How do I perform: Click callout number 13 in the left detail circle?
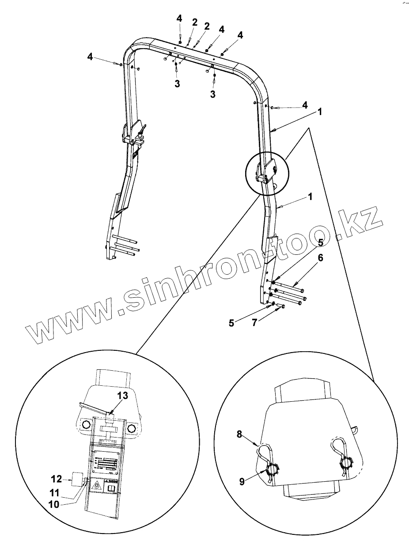122,395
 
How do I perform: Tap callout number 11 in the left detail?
54,491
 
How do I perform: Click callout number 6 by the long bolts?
320,257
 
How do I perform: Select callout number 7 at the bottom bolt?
254,323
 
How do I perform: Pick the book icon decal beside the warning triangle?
110,487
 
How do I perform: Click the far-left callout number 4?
90,57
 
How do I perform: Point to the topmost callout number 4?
179,18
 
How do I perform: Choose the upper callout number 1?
319,112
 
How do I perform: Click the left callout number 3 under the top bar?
177,84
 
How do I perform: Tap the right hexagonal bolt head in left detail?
132,429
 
